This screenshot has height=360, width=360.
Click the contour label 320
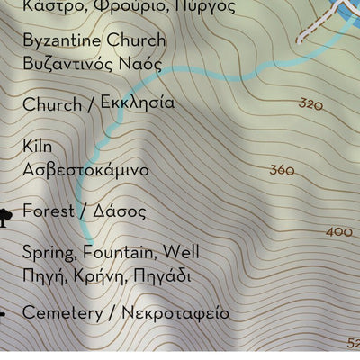pos(310,104)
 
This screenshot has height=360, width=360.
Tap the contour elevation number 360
pos(282,170)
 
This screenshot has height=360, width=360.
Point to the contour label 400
pos(339,232)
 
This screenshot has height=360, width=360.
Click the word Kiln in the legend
pos(37,146)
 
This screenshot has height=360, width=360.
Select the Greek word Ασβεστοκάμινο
pos(85,169)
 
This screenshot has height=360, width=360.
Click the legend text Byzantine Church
pos(94,40)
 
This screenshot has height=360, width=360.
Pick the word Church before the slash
pos(51,105)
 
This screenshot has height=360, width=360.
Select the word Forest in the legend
pos(46,211)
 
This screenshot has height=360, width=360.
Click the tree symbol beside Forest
pos(4,214)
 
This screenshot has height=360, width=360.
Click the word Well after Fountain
pos(182,252)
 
